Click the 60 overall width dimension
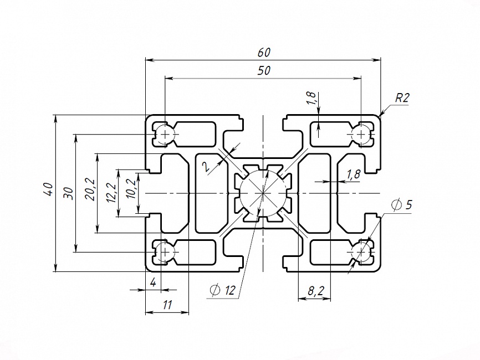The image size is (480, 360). (x=264, y=53)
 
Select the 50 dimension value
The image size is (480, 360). (x=264, y=71)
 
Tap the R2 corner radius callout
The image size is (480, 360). (x=402, y=99)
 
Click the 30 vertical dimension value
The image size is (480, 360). (x=69, y=193)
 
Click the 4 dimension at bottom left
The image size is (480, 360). (x=153, y=282)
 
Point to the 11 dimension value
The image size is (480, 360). (x=167, y=304)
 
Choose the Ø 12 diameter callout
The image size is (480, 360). (x=223, y=289)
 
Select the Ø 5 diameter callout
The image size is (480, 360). (x=401, y=205)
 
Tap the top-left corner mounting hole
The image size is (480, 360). (x=165, y=133)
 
